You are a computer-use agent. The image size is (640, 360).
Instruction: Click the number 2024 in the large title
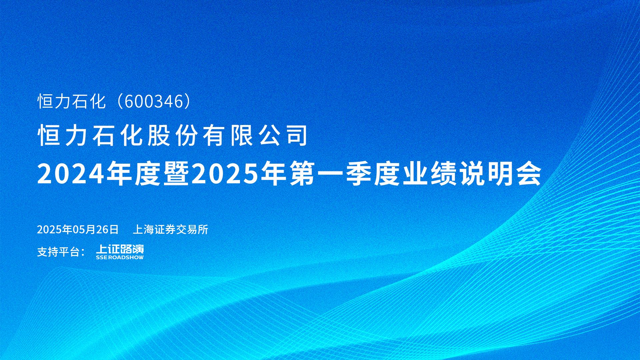71,174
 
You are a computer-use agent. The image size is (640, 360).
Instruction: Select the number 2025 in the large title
225,174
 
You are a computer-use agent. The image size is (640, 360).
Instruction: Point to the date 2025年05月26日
78,229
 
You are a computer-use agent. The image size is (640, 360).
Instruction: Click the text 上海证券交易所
171,229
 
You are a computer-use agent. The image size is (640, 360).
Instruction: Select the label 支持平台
59,252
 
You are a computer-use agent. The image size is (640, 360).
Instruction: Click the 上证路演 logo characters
120,249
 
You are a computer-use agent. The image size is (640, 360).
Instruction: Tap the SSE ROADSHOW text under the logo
120,257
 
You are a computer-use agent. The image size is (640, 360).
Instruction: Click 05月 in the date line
84,229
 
